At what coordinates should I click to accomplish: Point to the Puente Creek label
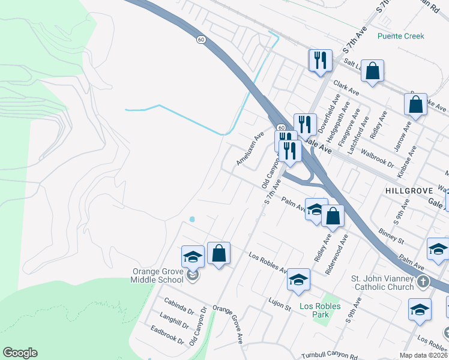(x=401, y=36)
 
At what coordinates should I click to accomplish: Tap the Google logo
(x=20, y=353)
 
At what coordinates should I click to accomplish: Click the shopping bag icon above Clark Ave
(x=373, y=71)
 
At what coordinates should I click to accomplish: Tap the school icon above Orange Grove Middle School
(x=193, y=257)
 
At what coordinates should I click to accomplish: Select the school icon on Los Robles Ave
(x=298, y=280)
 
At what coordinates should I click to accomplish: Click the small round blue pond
(x=192, y=219)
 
